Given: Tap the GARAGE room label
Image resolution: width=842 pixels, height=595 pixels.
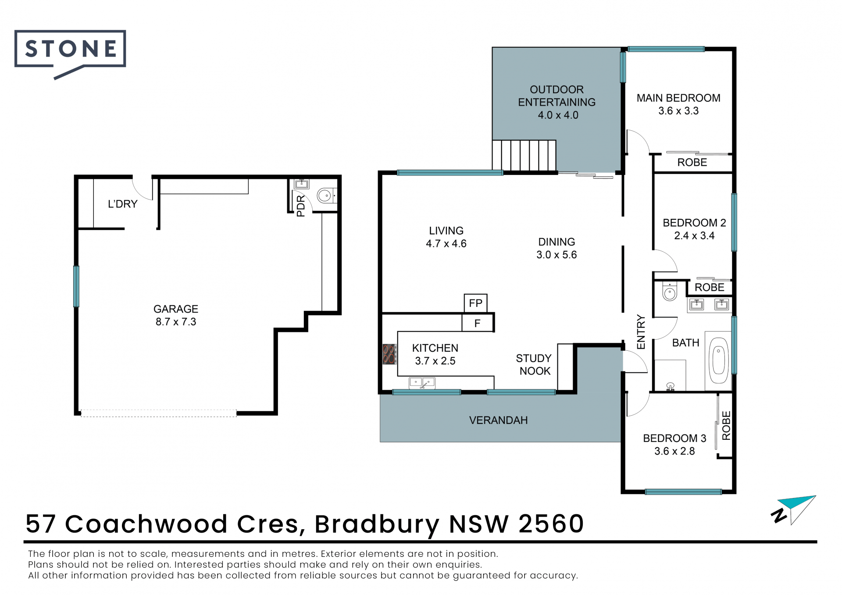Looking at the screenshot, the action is (x=176, y=309).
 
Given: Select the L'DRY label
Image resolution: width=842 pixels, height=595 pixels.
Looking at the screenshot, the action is (x=123, y=204).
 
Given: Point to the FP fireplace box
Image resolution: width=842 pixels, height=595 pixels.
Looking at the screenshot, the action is (x=476, y=303).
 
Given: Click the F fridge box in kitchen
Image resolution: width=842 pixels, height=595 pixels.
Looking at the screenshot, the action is (x=477, y=323).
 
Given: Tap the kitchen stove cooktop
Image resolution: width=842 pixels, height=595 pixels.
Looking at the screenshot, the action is (x=389, y=354).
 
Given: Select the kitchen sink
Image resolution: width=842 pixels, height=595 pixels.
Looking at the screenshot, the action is (x=422, y=383).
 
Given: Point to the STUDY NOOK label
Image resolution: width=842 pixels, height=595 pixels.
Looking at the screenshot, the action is (x=534, y=365).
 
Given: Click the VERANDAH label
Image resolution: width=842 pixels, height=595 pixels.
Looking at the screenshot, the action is (x=499, y=420).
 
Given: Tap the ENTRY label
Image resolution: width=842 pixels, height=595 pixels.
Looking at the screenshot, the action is (x=641, y=332).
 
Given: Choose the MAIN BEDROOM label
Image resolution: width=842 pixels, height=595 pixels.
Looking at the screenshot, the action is (x=678, y=98).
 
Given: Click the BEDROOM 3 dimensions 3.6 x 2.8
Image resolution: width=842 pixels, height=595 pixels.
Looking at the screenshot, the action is (x=674, y=451).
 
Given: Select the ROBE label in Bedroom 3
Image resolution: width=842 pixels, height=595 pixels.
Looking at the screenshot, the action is (x=726, y=425).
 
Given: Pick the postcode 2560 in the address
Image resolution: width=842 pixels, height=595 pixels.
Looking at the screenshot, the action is (x=551, y=524).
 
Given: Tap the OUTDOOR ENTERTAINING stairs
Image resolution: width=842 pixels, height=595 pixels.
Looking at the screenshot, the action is (x=524, y=155).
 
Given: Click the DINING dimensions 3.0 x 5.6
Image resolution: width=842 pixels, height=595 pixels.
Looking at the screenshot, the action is (x=557, y=255).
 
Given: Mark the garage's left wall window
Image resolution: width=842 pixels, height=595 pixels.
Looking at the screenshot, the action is (x=76, y=286).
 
